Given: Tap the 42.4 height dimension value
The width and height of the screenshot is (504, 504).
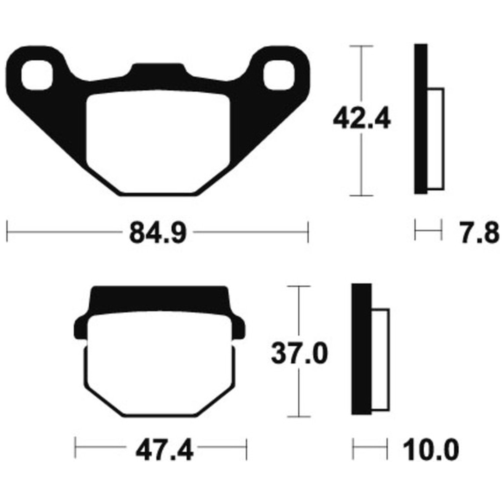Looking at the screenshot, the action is click(x=362, y=119).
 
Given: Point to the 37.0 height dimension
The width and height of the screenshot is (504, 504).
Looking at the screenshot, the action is click(x=299, y=353).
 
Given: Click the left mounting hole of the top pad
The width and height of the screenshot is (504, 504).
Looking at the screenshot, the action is click(x=37, y=75).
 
